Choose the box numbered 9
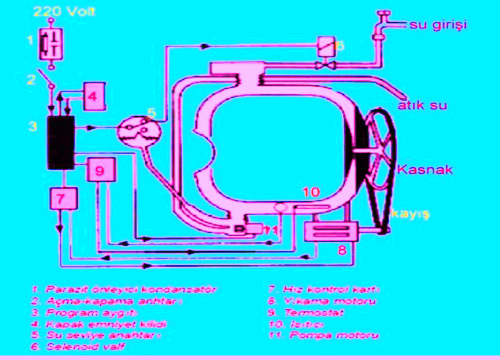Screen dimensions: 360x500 tap(101, 169)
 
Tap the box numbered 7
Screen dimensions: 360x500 tap(62, 197)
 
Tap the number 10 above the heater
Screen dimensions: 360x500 tap(311, 194)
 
